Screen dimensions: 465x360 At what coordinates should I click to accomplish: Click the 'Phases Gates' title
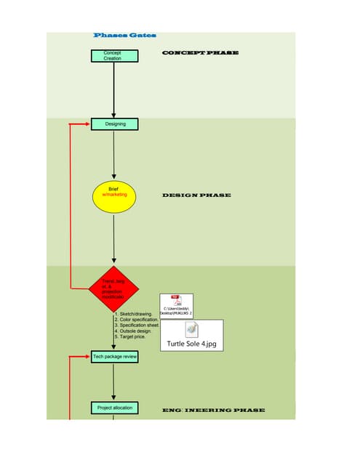(124, 35)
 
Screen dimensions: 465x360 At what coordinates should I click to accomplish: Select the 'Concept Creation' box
(113, 56)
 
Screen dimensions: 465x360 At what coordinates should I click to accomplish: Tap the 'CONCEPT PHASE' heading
(200, 53)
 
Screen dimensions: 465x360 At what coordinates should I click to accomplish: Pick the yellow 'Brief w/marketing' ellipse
(114, 193)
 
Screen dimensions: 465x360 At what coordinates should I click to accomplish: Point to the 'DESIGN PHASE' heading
(196, 195)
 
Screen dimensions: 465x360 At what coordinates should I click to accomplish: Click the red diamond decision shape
(113, 291)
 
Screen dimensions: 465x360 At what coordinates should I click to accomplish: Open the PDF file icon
(175, 299)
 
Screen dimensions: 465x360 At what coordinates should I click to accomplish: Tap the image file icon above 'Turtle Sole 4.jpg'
(191, 329)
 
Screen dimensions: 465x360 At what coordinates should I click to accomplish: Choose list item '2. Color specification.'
(136, 320)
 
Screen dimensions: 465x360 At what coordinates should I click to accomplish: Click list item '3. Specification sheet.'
(136, 325)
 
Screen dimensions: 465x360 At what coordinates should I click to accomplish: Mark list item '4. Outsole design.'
(132, 331)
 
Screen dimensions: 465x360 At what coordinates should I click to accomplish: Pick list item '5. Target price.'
(129, 337)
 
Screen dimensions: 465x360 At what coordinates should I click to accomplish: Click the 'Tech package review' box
(114, 357)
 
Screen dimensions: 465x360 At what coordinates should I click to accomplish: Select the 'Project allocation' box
(115, 408)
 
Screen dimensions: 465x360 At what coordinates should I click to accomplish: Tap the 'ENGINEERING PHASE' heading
(213, 411)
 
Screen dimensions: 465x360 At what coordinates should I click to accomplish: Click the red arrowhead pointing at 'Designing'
(87, 124)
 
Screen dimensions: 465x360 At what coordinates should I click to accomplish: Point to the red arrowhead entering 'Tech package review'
(87, 357)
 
